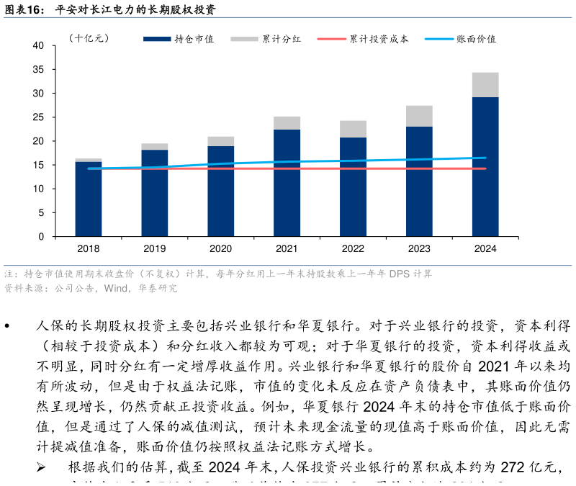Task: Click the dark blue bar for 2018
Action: (x=89, y=199)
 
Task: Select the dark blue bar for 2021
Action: (x=287, y=183)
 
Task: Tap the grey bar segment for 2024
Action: (x=485, y=85)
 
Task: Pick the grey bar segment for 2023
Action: (x=419, y=116)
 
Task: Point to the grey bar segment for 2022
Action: (x=353, y=129)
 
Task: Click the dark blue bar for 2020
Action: (x=220, y=191)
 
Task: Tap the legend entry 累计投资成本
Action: (x=364, y=39)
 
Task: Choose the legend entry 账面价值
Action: (x=461, y=39)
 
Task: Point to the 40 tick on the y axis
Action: (x=39, y=46)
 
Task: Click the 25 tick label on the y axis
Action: (x=39, y=117)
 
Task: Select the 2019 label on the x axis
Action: (x=155, y=248)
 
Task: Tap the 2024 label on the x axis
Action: (x=485, y=248)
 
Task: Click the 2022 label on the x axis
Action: (x=353, y=248)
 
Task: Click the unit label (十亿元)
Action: (x=89, y=38)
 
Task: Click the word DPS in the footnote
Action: (x=400, y=274)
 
